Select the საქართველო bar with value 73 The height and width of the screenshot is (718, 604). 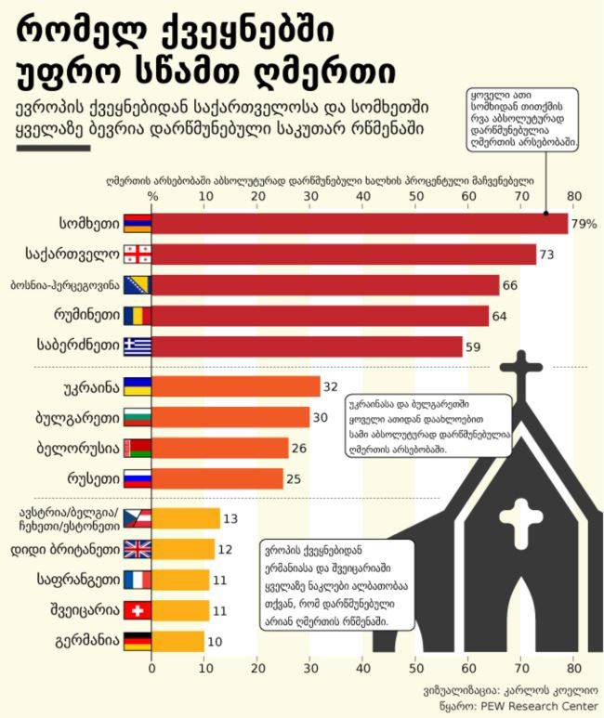point(344,255)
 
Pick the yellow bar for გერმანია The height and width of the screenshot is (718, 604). point(177,641)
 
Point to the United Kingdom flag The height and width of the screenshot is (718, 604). point(137,549)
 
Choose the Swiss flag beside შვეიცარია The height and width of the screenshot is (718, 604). point(137,610)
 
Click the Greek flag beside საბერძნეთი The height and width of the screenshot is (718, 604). point(137,346)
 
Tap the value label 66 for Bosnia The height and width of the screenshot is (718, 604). point(510,285)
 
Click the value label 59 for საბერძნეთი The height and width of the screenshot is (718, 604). point(474,346)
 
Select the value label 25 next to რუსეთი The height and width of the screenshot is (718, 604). point(294,478)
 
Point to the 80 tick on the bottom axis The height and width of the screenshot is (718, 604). point(573,666)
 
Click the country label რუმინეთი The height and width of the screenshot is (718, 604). point(91,316)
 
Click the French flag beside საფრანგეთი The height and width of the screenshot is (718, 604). point(137,580)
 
